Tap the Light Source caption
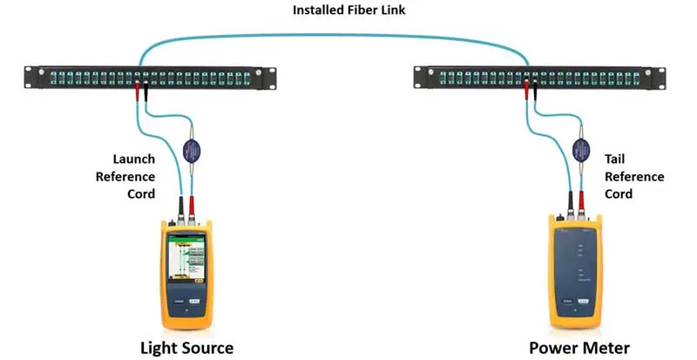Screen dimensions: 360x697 [x=187, y=348]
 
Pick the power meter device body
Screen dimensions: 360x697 [x=576, y=270]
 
